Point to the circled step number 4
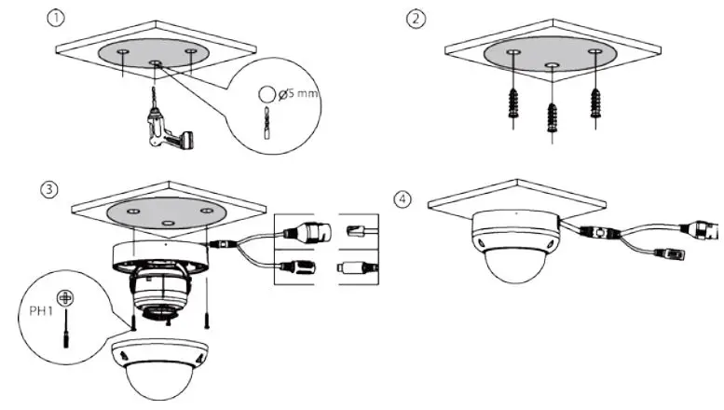[402, 198]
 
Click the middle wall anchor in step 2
[552, 116]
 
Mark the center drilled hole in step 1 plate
[156, 65]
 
